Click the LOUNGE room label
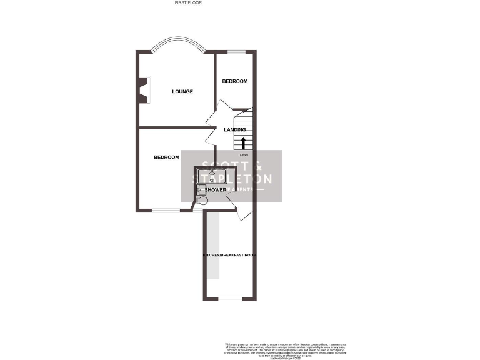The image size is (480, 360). [x=182, y=91]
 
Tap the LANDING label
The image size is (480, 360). [x=235, y=129]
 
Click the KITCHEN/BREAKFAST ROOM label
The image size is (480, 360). [x=229, y=255]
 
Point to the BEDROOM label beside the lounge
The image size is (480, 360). [x=235, y=81]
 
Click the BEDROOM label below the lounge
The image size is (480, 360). [x=166, y=157]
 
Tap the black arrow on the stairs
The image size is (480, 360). [x=244, y=142]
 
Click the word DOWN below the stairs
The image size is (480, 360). [x=244, y=154]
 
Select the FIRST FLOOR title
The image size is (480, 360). [x=188, y=2]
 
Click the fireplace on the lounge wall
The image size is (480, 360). [x=144, y=89]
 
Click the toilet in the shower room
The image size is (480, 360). [x=202, y=201]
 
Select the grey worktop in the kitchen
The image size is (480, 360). [x=214, y=246]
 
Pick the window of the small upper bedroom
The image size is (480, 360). [x=235, y=52]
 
